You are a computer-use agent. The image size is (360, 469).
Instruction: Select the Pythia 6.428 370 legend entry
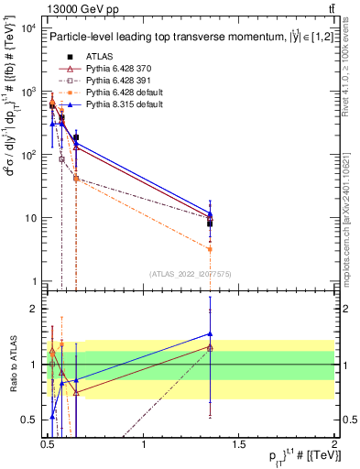(115, 69)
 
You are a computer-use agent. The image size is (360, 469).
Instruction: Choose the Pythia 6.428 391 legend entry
(115, 81)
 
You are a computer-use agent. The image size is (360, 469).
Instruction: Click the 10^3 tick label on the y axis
(27, 92)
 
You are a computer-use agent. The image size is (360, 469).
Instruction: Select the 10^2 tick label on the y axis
(27, 155)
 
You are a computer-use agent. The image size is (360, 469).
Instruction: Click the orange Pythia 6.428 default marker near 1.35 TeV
(211, 249)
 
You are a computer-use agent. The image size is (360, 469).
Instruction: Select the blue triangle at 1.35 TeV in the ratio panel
(211, 334)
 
